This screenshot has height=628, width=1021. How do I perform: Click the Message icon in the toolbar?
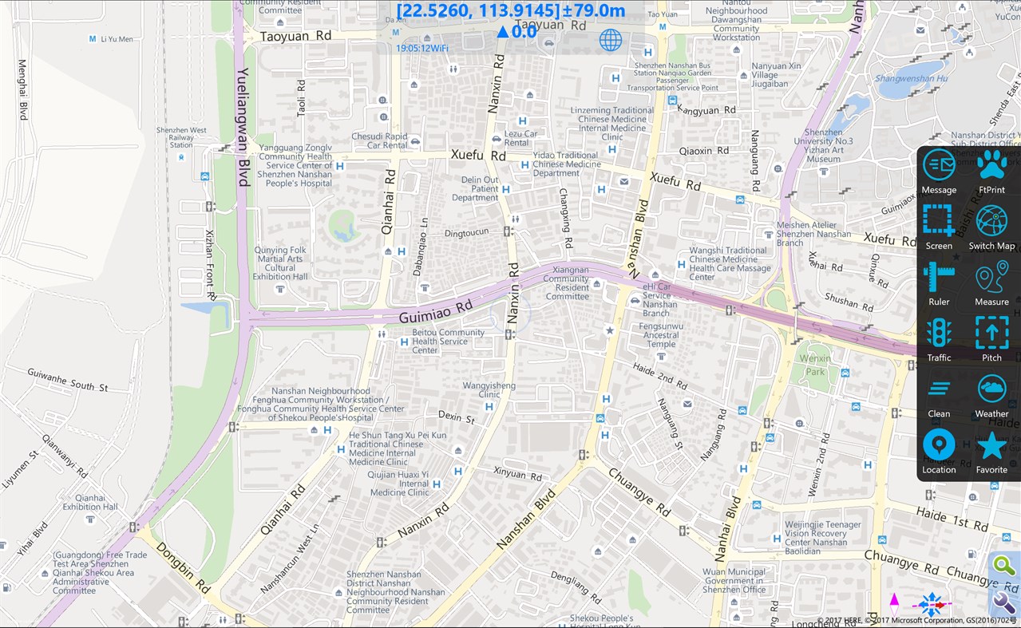pyautogui.click(x=939, y=165)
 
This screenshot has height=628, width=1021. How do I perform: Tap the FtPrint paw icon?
pyautogui.click(x=991, y=165)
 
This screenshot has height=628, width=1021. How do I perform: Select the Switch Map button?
pyautogui.click(x=991, y=221)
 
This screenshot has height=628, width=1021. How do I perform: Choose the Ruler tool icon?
pyautogui.click(x=939, y=277)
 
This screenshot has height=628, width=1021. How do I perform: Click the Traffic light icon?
pyautogui.click(x=939, y=333)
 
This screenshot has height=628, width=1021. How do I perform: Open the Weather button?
pyautogui.click(x=991, y=389)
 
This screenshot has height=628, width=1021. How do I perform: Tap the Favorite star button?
pyautogui.click(x=991, y=445)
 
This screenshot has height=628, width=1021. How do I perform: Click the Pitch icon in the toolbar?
pyautogui.click(x=991, y=333)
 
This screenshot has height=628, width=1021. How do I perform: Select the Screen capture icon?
pyautogui.click(x=939, y=221)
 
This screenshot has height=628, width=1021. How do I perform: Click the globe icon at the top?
pyautogui.click(x=611, y=40)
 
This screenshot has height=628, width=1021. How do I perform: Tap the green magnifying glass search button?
pyautogui.click(x=1003, y=567)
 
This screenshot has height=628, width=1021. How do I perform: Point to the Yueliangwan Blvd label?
pyautogui.click(x=242, y=128)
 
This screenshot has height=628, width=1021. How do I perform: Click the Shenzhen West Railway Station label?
pyautogui.click(x=181, y=137)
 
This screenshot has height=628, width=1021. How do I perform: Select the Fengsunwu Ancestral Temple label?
pyautogui.click(x=661, y=334)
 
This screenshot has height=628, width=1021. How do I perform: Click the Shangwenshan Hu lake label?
pyautogui.click(x=911, y=78)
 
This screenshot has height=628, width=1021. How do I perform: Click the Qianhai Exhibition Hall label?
pyautogui.click(x=90, y=502)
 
